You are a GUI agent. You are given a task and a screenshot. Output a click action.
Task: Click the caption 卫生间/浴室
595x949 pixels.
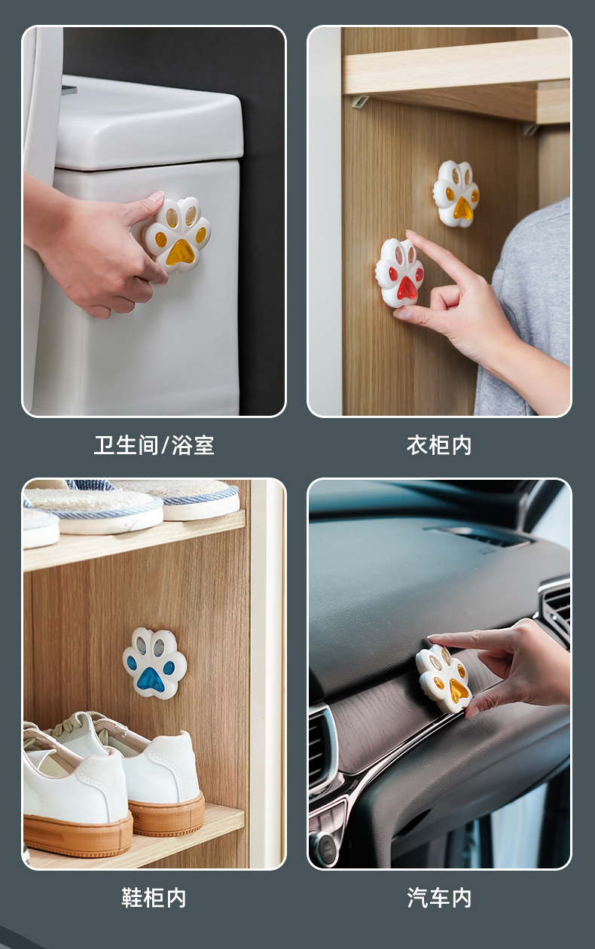tap(154, 445)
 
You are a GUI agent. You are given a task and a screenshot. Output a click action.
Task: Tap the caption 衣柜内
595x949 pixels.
tap(439, 445)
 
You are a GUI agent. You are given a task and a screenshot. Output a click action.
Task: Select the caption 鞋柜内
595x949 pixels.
tap(154, 897)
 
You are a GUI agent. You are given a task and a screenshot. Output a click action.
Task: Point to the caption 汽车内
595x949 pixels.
tap(439, 897)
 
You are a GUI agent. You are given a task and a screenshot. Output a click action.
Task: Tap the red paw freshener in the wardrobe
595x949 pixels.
tap(400, 272)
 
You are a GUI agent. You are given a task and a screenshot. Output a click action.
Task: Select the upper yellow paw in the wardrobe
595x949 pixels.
tap(456, 194)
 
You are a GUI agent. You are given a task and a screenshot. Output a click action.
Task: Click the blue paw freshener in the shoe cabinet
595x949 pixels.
tap(154, 663)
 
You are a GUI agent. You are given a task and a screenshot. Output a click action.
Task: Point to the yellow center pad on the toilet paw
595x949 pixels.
tap(180, 252)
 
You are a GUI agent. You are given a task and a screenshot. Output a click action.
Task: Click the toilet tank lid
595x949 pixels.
tap(148, 123)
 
